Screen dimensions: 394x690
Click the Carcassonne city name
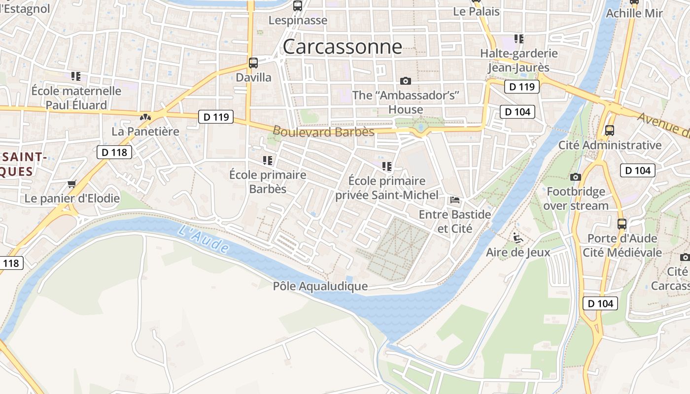pyautogui.click(x=342, y=47)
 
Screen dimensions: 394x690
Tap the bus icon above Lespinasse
pyautogui.click(x=297, y=6)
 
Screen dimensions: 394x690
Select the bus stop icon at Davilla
pyautogui.click(x=253, y=63)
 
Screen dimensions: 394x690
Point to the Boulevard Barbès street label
pyautogui.click(x=323, y=131)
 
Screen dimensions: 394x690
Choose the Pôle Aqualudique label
pyautogui.click(x=320, y=286)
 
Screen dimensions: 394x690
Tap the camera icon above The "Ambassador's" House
pyautogui.click(x=406, y=81)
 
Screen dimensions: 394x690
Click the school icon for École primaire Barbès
pyautogui.click(x=268, y=160)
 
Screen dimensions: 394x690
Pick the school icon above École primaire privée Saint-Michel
pyautogui.click(x=387, y=166)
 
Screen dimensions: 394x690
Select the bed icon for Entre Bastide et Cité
pyautogui.click(x=455, y=200)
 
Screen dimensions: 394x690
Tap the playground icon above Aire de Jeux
pyautogui.click(x=518, y=238)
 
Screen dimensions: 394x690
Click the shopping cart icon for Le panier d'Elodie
pyautogui.click(x=72, y=184)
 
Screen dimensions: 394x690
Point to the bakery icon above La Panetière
pyautogui.click(x=145, y=117)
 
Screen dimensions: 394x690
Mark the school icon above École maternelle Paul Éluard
pyautogui.click(x=76, y=76)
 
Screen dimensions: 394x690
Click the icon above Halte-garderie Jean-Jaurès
pyautogui.click(x=519, y=38)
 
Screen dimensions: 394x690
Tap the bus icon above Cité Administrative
pyautogui.click(x=610, y=131)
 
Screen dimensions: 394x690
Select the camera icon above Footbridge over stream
pyautogui.click(x=576, y=177)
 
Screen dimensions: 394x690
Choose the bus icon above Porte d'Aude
pyautogui.click(x=622, y=224)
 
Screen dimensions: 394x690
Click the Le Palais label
pyautogui.click(x=476, y=11)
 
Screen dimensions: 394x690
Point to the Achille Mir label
pyautogui.click(x=634, y=13)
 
